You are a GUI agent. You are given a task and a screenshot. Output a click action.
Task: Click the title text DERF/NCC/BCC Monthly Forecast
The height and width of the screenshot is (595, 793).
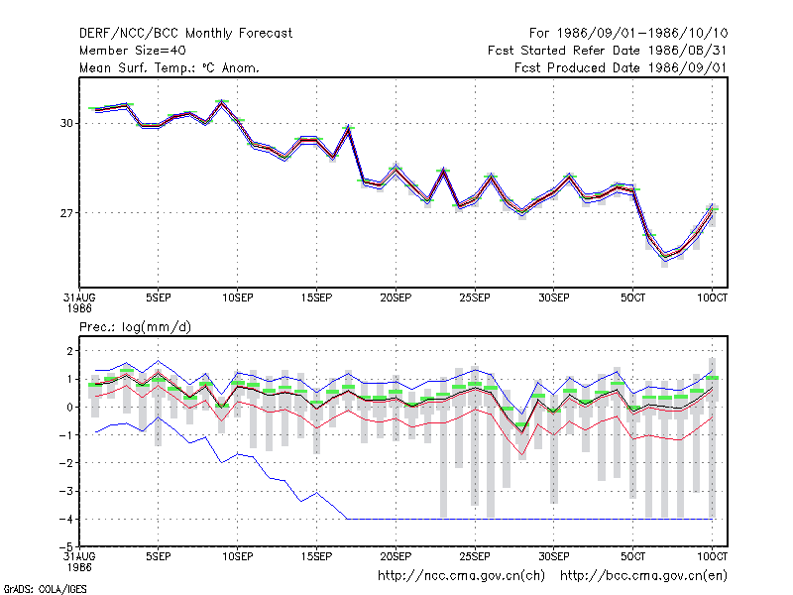pos(185,34)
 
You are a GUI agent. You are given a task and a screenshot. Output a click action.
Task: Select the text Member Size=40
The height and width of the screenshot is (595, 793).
pos(133,51)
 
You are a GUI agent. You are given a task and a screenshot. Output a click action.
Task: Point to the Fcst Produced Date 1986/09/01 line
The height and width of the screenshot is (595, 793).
pos(621,67)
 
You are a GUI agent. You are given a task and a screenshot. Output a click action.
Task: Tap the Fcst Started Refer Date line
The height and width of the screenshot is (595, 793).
pos(608,51)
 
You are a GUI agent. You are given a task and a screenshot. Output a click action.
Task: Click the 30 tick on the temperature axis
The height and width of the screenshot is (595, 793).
pos(66,123)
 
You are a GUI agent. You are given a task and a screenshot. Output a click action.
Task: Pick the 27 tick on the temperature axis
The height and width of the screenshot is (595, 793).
pos(66,213)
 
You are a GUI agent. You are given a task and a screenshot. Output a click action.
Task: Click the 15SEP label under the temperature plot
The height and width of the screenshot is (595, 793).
pos(316,297)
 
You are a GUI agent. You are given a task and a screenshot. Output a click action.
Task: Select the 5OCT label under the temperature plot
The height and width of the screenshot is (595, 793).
pos(632,297)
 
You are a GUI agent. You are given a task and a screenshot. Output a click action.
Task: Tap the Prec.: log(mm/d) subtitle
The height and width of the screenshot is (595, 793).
pos(135,327)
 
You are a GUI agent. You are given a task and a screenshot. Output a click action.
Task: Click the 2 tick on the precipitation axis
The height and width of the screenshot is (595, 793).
pos(69,351)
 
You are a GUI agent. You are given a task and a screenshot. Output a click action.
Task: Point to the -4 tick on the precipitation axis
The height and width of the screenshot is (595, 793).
pos(65,519)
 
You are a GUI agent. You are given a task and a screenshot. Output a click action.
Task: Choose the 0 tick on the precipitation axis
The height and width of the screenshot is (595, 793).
pos(69,407)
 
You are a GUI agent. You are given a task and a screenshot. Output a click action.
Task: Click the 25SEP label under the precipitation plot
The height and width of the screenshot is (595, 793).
pos(475,556)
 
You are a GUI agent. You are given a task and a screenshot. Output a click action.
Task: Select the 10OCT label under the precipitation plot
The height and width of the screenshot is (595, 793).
pos(712,556)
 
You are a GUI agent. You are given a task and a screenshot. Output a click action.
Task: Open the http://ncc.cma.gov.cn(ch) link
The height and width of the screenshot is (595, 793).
pos(461,576)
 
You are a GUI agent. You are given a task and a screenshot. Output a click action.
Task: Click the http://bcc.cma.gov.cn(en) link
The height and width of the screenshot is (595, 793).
pos(643,576)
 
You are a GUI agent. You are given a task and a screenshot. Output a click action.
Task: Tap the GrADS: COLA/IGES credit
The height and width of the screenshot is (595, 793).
pos(45,589)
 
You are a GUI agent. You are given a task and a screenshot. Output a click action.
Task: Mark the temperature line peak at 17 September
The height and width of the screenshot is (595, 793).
pos(349,129)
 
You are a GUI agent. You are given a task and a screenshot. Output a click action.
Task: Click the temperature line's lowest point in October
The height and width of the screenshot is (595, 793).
pos(664,257)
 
